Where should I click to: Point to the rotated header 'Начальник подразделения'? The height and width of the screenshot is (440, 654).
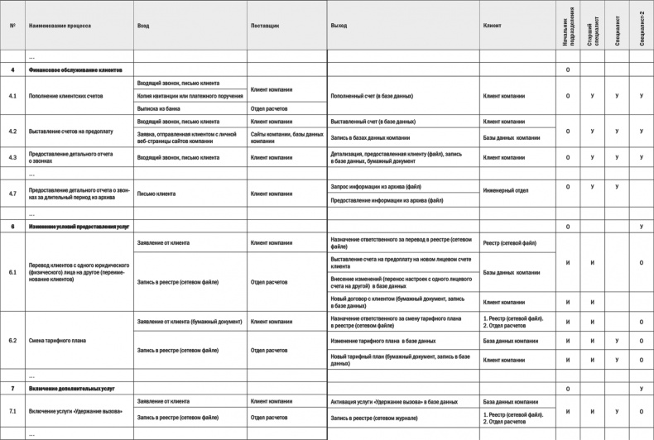(567, 26)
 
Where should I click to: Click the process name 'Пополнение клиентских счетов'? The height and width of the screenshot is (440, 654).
(65, 96)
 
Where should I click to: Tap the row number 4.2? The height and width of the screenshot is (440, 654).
(12, 132)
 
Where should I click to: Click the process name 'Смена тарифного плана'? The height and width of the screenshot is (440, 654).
(59, 340)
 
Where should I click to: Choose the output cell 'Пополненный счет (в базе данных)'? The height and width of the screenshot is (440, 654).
(373, 96)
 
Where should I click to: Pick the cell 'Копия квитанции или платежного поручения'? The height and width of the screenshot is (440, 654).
(190, 96)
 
